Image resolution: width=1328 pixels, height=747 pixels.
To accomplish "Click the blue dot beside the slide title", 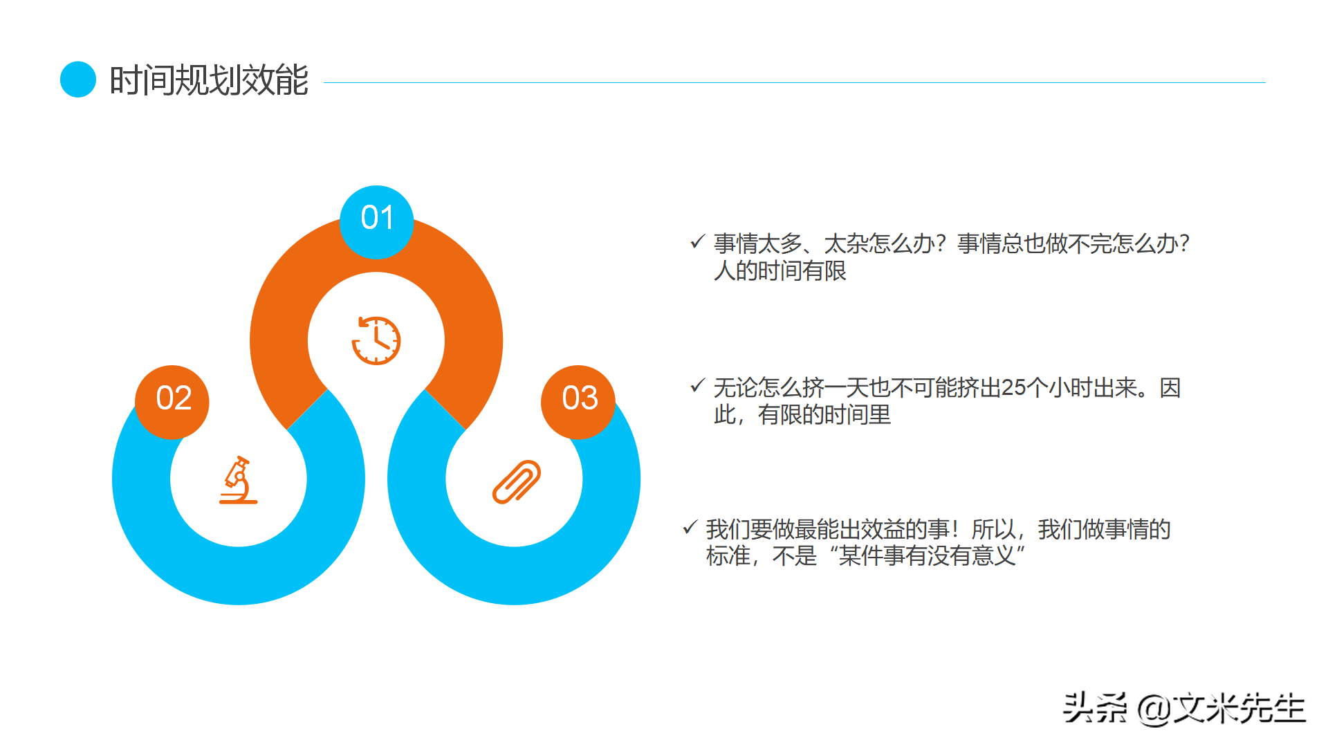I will click(x=78, y=80).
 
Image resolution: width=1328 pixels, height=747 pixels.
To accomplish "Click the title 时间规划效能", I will click(x=208, y=80).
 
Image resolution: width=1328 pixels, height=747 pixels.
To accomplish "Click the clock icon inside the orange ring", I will click(x=376, y=340).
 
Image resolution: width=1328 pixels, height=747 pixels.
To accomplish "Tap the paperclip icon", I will click(x=516, y=481).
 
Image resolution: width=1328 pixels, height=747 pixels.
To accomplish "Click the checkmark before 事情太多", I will click(x=697, y=242).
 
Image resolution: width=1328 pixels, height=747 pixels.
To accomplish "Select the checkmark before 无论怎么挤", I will click(x=697, y=386).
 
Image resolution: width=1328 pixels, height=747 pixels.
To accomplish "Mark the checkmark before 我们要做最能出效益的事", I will click(x=690, y=528).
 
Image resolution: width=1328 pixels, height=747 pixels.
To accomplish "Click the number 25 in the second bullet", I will click(x=1013, y=387).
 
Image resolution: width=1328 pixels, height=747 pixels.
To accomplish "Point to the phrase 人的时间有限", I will click(x=780, y=270).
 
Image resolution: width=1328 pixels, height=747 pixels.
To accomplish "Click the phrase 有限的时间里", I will click(x=824, y=415).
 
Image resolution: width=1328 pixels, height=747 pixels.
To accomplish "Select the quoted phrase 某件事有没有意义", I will click(x=927, y=555).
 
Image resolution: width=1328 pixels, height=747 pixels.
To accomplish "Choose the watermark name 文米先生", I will click(x=1239, y=708).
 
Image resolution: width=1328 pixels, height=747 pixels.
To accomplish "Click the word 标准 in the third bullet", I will click(x=728, y=555).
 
